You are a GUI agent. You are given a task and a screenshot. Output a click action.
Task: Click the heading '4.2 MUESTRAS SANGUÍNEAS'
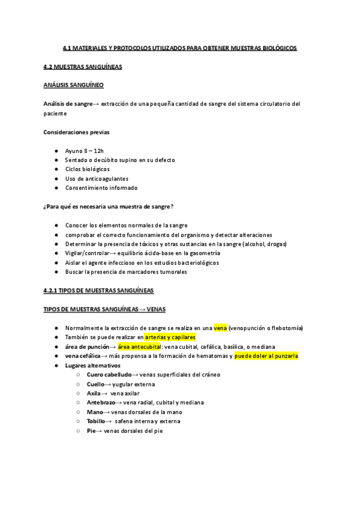(83, 67)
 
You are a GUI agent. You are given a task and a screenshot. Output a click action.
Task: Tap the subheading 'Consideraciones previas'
(77, 132)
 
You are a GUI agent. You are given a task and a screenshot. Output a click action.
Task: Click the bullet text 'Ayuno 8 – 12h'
(85, 151)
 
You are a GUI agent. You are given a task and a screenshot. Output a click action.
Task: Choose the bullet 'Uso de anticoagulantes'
(97, 179)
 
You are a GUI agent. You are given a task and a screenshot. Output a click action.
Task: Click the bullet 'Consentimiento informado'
(101, 188)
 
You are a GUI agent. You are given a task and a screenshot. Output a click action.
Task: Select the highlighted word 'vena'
(220, 328)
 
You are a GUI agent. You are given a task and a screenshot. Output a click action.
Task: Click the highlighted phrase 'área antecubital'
(139, 347)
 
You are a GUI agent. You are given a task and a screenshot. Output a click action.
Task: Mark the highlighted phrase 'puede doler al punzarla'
(266, 356)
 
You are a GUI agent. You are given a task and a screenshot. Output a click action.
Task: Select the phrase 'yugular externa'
(134, 384)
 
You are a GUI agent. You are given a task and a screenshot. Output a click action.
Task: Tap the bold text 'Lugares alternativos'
(93, 366)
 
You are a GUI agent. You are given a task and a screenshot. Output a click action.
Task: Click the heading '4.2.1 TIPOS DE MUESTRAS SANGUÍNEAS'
(98, 291)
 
